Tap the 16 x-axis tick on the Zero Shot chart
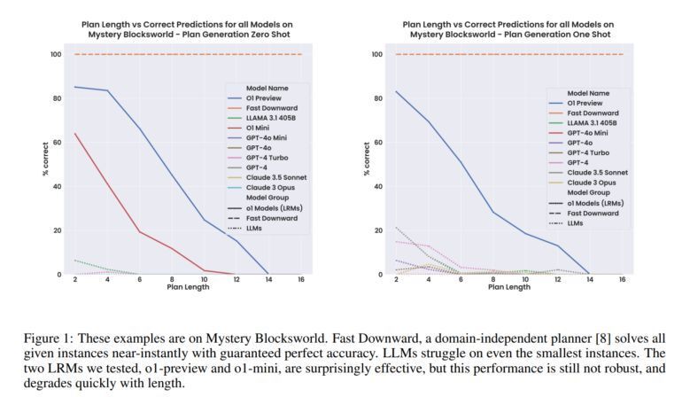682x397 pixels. (301, 280)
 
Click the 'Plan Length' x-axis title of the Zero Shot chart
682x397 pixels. (188, 288)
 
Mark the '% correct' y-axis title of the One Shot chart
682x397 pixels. (365, 165)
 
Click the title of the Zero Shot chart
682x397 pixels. (187, 28)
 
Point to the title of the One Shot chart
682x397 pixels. (508, 28)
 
